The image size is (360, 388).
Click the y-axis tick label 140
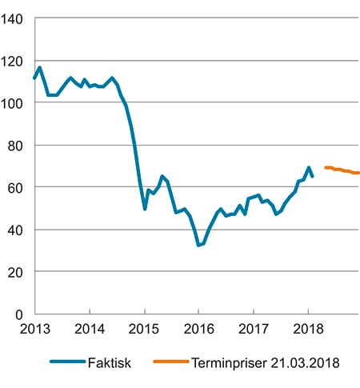[x=14, y=19]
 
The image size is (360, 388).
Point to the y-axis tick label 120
[x=14, y=61]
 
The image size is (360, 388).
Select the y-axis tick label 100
[x=14, y=103]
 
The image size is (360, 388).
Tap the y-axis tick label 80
[x=17, y=145]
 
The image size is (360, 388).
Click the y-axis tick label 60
[x=17, y=187]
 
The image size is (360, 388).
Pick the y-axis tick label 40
[x=17, y=230]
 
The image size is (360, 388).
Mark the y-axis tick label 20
[x=17, y=271]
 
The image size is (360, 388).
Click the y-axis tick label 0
[x=20, y=314]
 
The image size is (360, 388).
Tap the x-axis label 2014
[x=90, y=328]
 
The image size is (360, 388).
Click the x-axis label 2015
[x=144, y=328]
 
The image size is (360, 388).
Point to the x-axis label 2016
[x=198, y=328]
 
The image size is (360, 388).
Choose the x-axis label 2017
[x=254, y=328]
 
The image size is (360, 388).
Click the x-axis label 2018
[x=308, y=328]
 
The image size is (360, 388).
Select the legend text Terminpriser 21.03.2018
[x=266, y=363]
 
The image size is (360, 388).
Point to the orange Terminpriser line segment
[x=342, y=170]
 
